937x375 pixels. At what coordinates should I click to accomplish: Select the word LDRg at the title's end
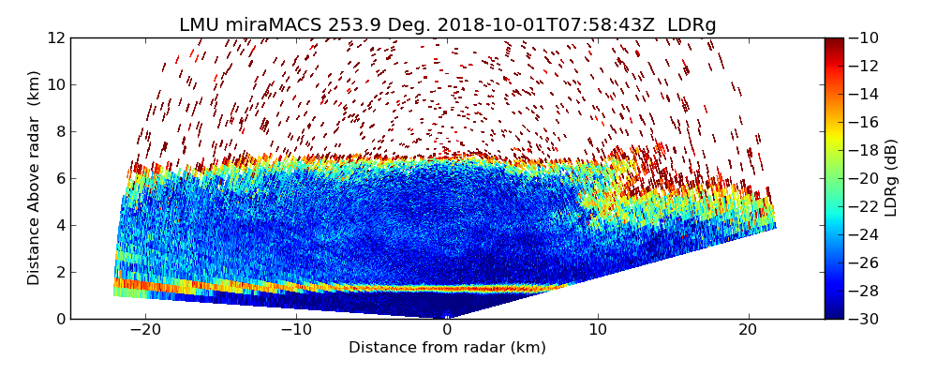692,25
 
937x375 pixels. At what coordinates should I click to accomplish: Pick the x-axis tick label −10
296,330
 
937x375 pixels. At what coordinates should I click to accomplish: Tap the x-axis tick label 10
598,330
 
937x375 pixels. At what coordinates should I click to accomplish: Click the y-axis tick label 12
55,37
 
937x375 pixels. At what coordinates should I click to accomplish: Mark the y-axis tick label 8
59,131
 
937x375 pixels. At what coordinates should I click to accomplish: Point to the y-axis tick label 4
59,225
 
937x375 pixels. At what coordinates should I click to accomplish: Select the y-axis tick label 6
59,178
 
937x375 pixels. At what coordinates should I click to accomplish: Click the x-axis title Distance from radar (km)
447,348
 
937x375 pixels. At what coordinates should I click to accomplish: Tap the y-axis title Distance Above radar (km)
34,177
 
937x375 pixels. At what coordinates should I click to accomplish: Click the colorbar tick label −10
864,37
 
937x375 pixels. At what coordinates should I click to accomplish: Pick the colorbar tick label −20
864,178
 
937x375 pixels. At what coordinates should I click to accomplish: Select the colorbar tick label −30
864,319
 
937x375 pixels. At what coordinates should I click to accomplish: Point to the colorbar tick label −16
864,122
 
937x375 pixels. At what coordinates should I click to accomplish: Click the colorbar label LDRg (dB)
891,178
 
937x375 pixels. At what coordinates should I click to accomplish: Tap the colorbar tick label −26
864,262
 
